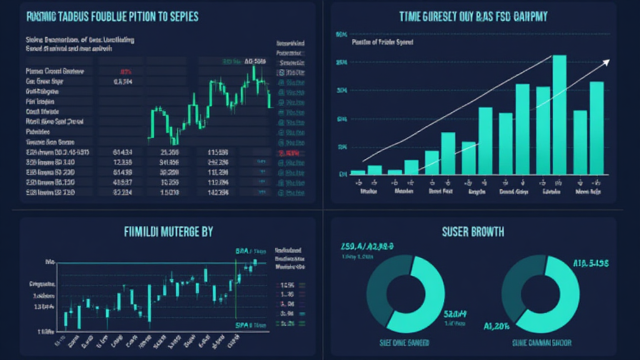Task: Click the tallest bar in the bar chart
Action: [x=559, y=112]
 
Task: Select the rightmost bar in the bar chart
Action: [x=597, y=128]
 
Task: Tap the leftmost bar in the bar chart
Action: [x=357, y=172]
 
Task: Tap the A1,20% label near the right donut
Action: [x=497, y=326]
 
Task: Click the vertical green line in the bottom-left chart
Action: [x=235, y=287]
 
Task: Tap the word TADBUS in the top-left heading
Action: [x=76, y=17]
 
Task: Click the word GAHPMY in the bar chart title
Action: [x=526, y=17]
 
